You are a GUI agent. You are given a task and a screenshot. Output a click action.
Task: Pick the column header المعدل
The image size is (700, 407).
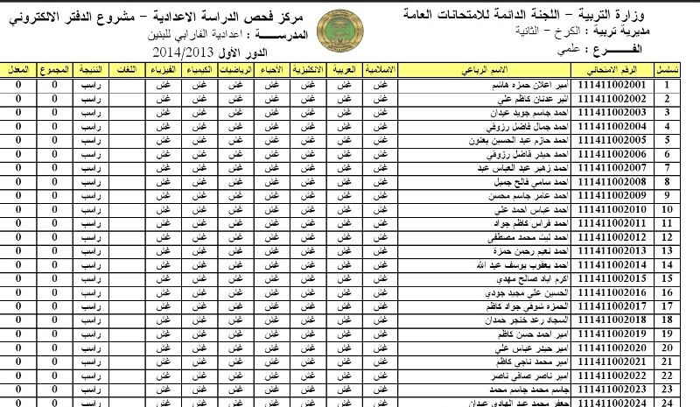coord(17,68)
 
